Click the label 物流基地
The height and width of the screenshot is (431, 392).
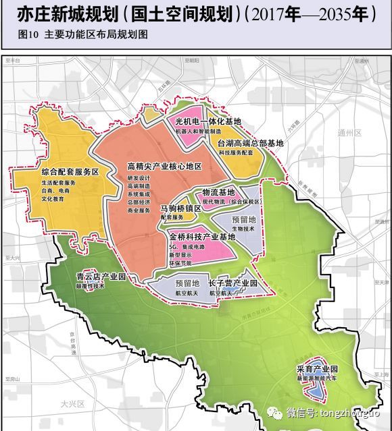(218, 192)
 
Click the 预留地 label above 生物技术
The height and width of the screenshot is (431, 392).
(243, 220)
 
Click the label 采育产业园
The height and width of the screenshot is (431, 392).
(316, 370)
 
